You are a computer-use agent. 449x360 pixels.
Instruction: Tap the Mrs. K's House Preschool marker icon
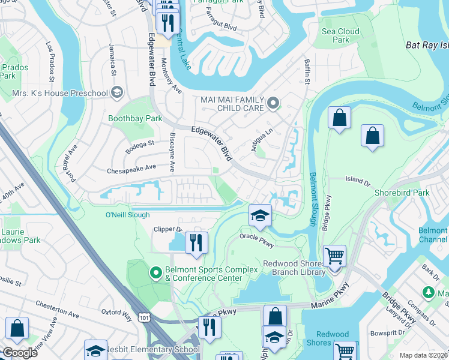coord(116,92)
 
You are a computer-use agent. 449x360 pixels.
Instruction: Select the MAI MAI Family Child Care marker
coord(274,104)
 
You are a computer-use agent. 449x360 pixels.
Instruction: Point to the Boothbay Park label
coord(135,119)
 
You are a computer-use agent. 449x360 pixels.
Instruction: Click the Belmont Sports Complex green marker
coord(156,274)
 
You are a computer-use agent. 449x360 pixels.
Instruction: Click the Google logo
coord(20,353)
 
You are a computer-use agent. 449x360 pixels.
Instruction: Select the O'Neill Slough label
coord(127,215)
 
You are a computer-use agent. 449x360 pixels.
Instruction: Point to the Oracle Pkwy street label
coord(256,236)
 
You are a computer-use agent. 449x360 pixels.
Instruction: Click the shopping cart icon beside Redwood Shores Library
coord(334,256)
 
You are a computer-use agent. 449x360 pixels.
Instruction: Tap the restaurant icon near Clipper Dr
coord(196,242)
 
